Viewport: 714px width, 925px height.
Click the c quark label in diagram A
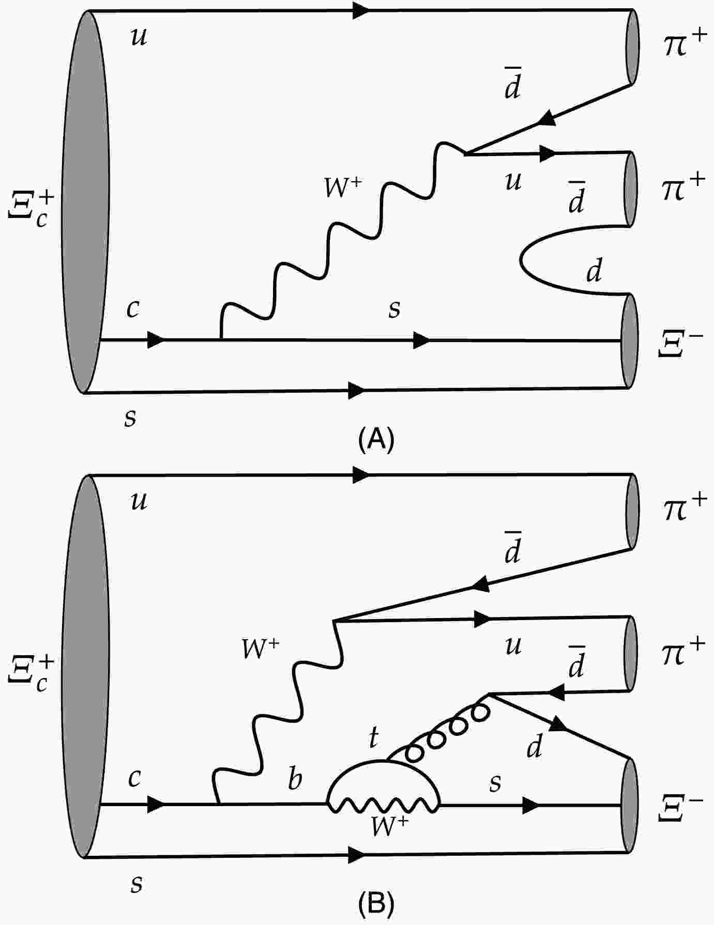(x=133, y=309)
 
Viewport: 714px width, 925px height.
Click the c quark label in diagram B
(x=134, y=778)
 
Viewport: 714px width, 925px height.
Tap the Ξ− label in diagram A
(x=680, y=344)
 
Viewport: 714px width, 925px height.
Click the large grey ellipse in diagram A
(x=85, y=202)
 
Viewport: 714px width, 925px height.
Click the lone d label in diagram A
(x=594, y=269)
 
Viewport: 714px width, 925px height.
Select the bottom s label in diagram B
(x=136, y=884)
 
